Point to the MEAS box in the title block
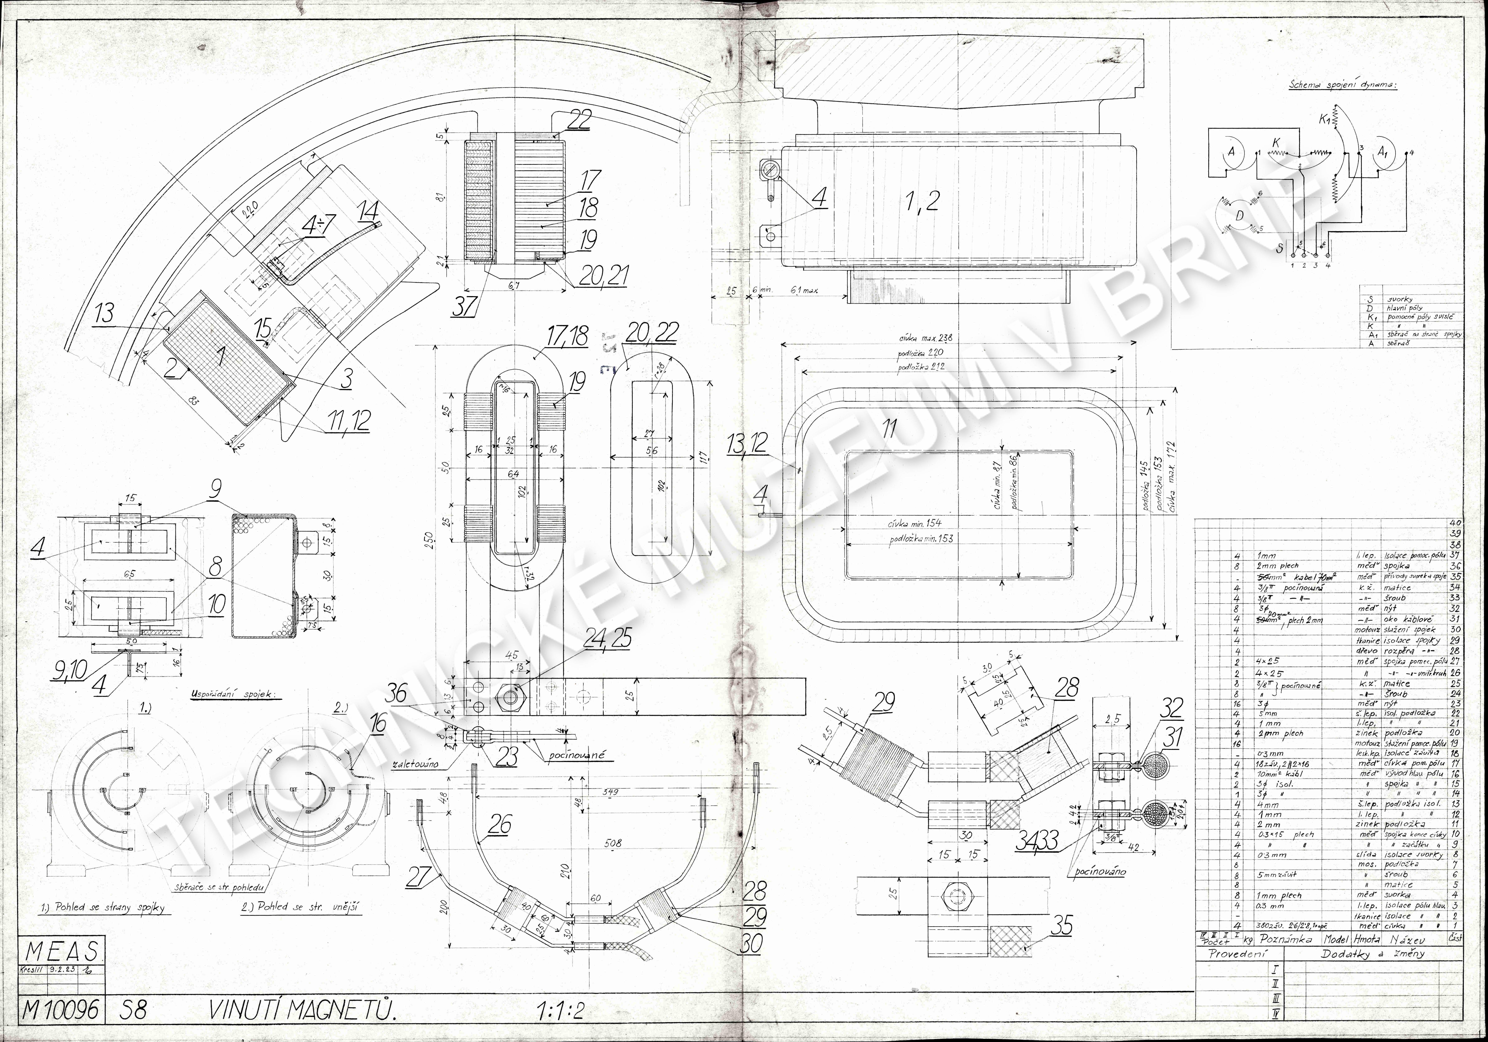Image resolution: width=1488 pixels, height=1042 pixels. (x=62, y=951)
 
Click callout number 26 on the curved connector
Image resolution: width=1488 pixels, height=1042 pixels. (x=500, y=825)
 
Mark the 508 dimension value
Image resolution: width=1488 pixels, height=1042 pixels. (x=612, y=843)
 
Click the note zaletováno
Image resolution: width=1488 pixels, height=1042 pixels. (x=415, y=764)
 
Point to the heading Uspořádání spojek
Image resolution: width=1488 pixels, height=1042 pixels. (x=233, y=695)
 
